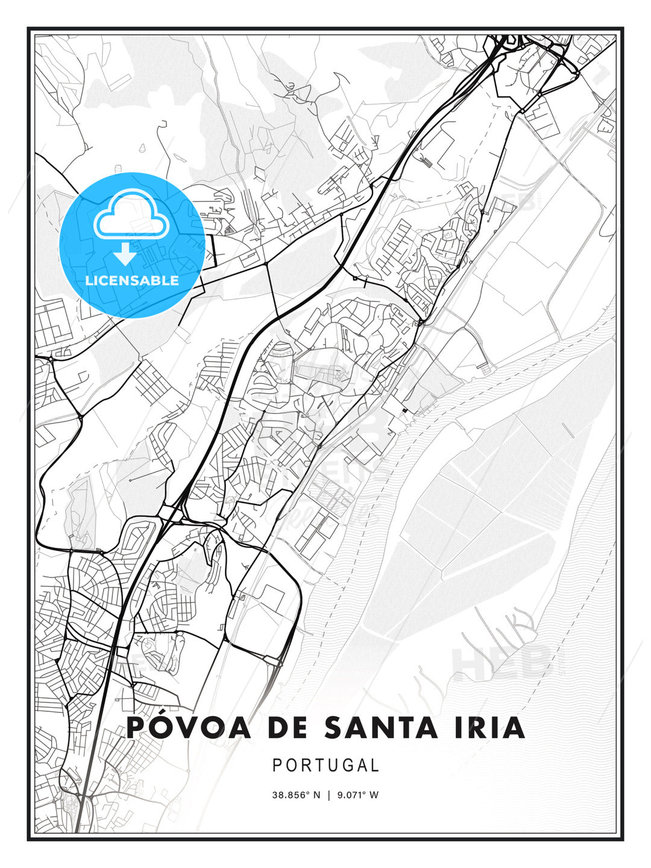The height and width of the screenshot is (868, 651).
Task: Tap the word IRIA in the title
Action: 489,728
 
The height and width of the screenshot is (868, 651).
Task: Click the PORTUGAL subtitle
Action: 325,765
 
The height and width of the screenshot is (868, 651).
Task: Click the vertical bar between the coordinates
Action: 329,795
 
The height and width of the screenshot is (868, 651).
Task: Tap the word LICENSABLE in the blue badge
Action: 132,280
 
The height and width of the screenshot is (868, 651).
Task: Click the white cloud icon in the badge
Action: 130,214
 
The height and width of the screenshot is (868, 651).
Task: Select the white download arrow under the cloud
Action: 125,254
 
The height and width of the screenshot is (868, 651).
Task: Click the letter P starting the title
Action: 137,728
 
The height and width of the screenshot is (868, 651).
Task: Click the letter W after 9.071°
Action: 374,795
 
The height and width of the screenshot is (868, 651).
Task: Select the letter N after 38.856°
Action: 318,795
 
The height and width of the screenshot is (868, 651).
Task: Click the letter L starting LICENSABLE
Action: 89,280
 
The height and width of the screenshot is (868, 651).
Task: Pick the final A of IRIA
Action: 513,728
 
